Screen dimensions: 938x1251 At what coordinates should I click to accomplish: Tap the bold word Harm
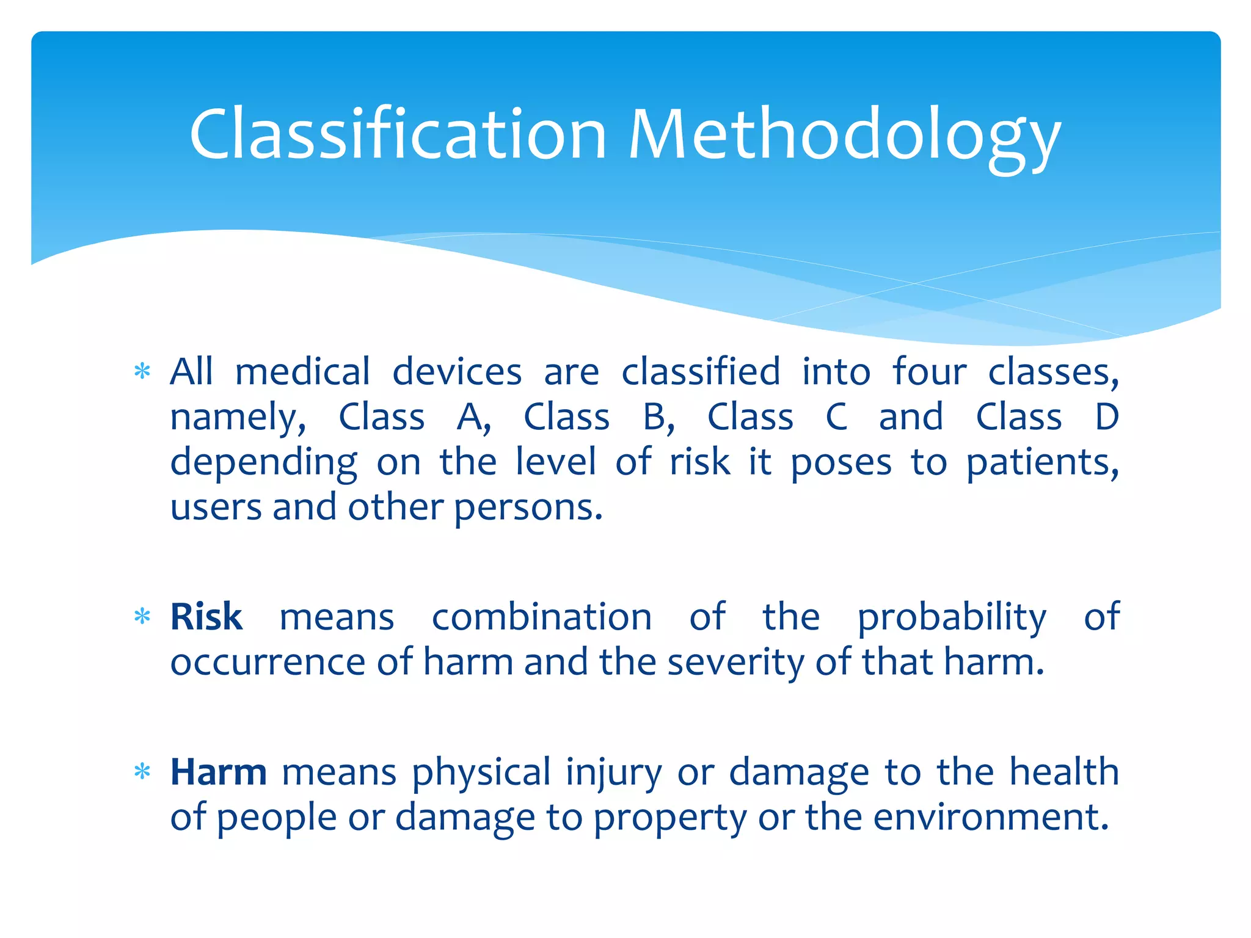[218, 771]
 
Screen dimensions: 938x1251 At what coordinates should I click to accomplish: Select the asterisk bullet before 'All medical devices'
[142, 371]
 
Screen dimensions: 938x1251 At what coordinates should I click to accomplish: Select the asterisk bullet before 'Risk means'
[142, 616]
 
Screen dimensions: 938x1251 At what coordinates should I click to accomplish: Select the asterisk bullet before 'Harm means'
[142, 772]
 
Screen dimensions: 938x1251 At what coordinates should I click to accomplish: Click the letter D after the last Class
[1106, 417]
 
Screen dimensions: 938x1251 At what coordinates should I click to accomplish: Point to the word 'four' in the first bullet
[929, 371]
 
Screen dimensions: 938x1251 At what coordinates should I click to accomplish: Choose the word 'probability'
[952, 618]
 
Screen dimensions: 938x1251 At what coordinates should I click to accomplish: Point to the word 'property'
[669, 818]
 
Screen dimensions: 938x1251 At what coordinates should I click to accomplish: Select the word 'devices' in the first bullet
[456, 371]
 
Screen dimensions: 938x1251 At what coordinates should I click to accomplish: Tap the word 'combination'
[541, 617]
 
